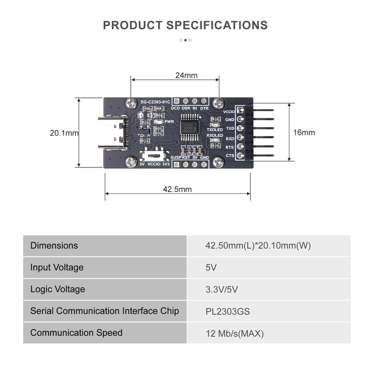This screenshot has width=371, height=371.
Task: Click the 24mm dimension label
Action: pyautogui.click(x=186, y=75)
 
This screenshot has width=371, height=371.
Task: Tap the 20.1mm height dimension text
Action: pyautogui.click(x=64, y=133)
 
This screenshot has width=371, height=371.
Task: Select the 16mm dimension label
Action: pyautogui.click(x=304, y=132)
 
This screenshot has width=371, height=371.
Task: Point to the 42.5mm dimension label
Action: pyautogui.click(x=177, y=189)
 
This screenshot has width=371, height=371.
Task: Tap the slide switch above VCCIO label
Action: pyautogui.click(x=155, y=153)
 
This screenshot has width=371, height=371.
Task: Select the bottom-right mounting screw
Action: pyautogui.click(x=219, y=161)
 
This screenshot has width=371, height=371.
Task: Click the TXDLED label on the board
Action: pyautogui.click(x=215, y=129)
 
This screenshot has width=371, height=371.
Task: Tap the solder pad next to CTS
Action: pyautogui.click(x=240, y=156)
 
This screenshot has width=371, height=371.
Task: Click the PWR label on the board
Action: pyautogui.click(x=169, y=122)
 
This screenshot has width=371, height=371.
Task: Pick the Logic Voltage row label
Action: pyautogui.click(x=58, y=289)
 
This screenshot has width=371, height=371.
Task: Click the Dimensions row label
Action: pyautogui.click(x=54, y=245)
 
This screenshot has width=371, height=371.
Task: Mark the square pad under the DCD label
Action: pyautogui.click(x=176, y=102)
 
